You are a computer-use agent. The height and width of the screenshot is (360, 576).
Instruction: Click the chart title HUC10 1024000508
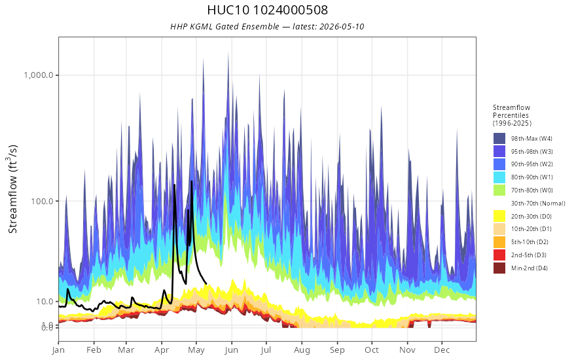(268, 10)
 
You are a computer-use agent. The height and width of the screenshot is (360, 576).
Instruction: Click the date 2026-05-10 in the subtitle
(342, 26)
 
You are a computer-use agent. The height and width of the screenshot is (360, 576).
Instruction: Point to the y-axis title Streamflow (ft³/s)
(13, 189)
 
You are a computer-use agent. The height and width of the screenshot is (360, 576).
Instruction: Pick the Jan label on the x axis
(58, 350)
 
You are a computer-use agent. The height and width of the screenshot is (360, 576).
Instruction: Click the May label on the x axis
(196, 350)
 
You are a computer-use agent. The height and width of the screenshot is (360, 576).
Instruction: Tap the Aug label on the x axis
(302, 350)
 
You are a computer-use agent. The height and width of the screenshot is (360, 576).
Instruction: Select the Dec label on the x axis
(442, 350)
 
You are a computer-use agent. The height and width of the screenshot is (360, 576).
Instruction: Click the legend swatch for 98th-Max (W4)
(499, 139)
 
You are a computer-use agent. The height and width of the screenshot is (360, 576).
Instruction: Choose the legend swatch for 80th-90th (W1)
(499, 177)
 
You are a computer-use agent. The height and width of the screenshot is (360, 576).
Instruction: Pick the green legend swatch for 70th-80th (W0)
(499, 190)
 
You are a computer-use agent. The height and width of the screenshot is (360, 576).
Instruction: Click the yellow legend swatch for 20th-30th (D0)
(499, 216)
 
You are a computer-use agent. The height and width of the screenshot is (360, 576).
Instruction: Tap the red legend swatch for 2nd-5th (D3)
(499, 255)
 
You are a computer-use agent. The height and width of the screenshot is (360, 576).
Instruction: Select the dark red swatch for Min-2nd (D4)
(499, 268)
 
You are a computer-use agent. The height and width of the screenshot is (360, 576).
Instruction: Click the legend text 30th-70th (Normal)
(538, 203)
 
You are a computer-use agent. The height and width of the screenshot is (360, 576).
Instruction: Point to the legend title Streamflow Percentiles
(512, 111)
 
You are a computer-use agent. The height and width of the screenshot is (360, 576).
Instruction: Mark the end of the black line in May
(206, 283)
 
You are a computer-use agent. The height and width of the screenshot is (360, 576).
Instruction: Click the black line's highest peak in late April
(191, 181)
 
